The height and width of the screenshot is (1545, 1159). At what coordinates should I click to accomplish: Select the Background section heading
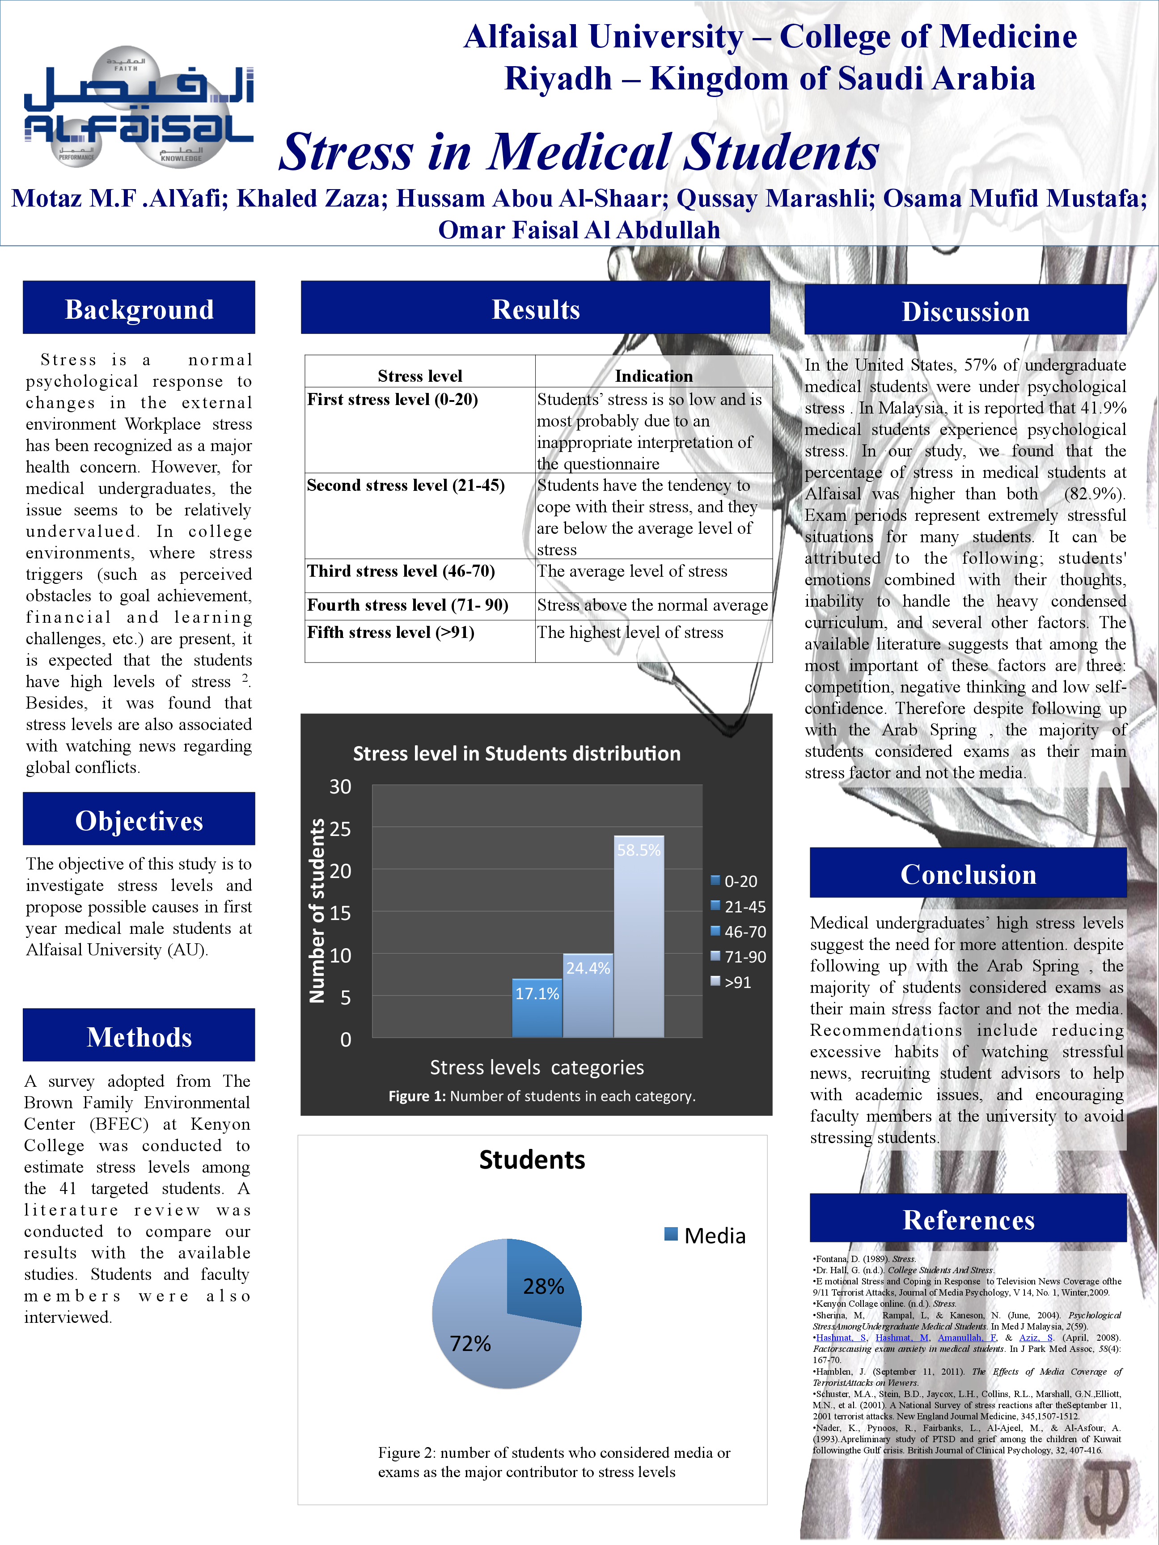(x=139, y=309)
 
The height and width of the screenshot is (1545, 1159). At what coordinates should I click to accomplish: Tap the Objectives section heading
(x=139, y=820)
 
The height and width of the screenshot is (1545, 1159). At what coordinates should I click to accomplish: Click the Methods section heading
(x=139, y=1037)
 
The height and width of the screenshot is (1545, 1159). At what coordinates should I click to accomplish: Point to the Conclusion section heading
(x=968, y=874)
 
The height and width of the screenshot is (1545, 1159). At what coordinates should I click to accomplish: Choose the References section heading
(x=968, y=1220)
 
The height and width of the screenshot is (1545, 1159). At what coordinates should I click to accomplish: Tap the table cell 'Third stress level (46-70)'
(x=401, y=571)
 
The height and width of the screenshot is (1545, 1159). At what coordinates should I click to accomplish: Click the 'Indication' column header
(x=653, y=376)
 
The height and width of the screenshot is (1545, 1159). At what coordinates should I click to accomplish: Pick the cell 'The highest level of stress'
(x=630, y=632)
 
